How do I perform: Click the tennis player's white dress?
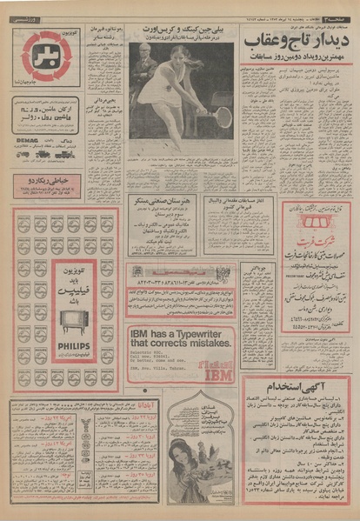click(171, 91)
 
